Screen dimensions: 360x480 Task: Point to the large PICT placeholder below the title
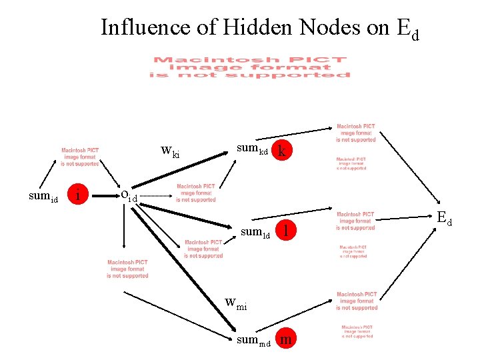(250, 67)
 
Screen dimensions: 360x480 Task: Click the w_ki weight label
(171, 151)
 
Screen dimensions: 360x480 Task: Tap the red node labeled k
(283, 151)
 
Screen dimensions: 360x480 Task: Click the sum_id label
(44, 197)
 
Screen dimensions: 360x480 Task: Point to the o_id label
(128, 195)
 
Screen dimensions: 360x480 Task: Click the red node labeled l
(285, 230)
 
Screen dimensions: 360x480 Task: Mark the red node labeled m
(285, 340)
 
